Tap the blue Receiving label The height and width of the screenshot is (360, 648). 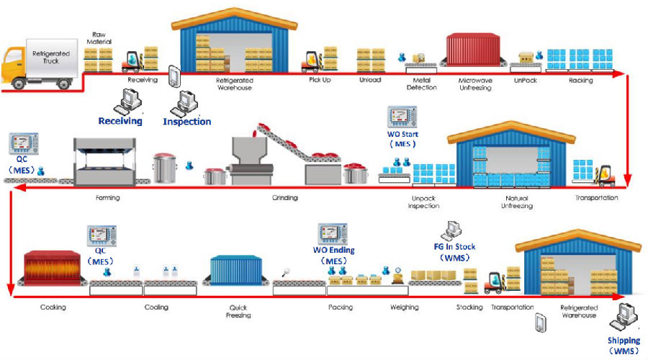120,121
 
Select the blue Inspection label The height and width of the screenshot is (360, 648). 186,122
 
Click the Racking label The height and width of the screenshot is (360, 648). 580,80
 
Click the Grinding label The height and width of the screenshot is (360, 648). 285,197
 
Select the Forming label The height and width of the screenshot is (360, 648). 107,197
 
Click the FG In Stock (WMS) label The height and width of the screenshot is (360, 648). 454,252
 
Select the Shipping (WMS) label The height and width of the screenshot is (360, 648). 624,345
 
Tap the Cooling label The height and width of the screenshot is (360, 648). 156,307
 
